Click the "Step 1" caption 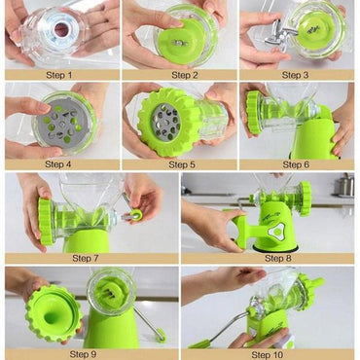click(60, 74)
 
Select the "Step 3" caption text click(299, 74)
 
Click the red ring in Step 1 click(60, 29)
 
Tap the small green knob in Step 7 click(135, 215)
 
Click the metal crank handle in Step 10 click(219, 331)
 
